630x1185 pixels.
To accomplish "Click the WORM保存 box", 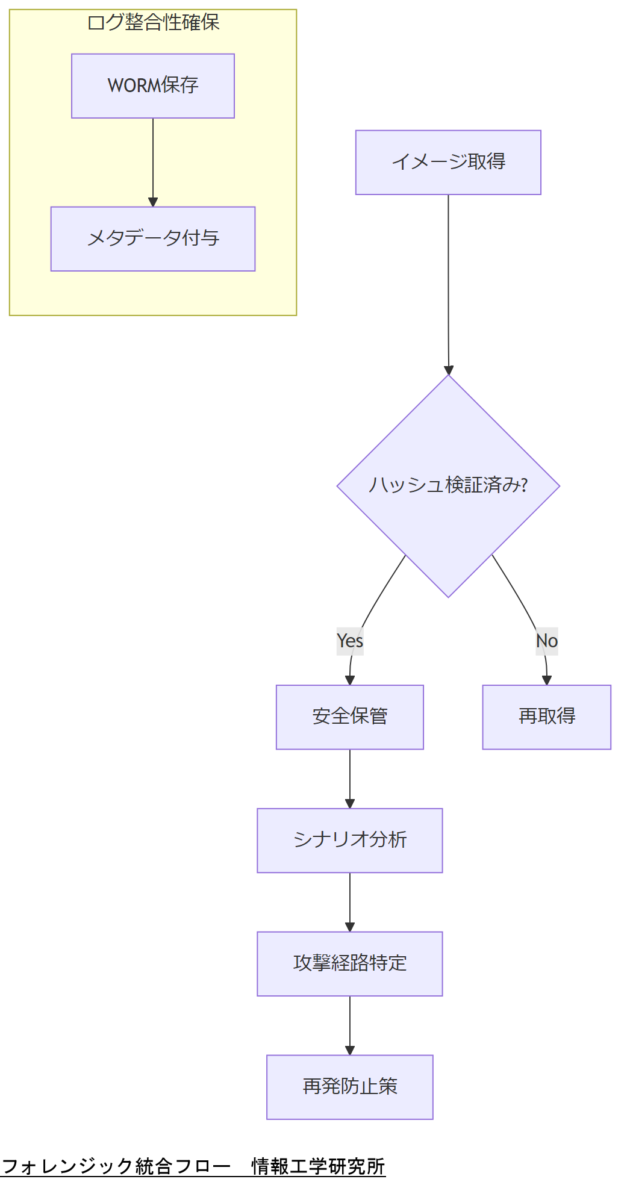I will click(153, 86).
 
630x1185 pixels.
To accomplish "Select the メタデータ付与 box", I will click(153, 239).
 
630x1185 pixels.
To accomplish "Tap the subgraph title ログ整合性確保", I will click(153, 23).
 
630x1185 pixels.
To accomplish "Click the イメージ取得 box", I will click(448, 163).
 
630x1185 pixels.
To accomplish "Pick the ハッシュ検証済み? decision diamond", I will click(448, 486).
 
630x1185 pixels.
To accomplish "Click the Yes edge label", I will click(350, 641).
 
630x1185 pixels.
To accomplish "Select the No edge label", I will click(547, 641).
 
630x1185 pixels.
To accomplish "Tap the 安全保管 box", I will click(350, 717).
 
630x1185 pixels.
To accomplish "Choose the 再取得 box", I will click(547, 717).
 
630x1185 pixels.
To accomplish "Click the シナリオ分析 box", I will click(350, 841).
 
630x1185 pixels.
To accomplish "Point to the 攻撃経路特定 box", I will click(350, 964).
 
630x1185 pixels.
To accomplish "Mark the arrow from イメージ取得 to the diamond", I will click(448, 283).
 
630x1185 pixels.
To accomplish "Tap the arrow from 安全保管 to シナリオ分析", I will click(350, 778).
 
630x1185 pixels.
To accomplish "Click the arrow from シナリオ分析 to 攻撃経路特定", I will click(350, 901).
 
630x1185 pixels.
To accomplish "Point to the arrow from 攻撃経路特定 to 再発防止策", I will click(350, 1025).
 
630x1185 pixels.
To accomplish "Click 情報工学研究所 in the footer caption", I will click(318, 1166).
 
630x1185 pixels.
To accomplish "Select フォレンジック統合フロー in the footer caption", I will click(116, 1166).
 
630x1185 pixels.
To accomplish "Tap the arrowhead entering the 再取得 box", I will click(547, 680).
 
